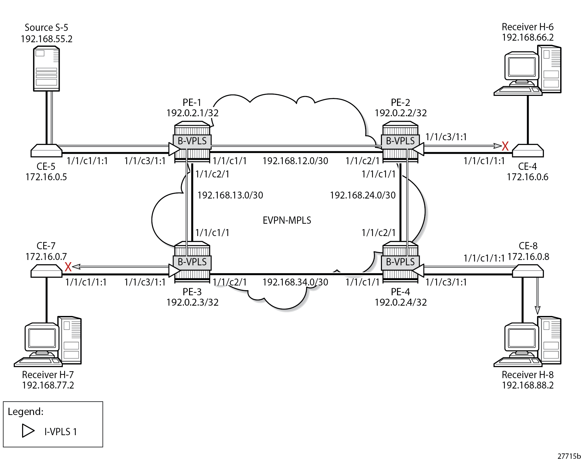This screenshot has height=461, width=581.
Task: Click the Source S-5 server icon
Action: [x=46, y=69]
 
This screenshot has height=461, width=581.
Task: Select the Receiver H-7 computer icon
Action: [x=48, y=342]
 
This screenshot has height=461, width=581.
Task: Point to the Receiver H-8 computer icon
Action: [x=527, y=342]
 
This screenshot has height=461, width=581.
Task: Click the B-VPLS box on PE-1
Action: [x=192, y=141]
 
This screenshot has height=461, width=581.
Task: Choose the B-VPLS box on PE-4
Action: [x=400, y=262]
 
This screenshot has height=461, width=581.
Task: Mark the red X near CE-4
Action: [x=505, y=146]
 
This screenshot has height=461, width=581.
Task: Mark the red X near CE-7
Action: [x=68, y=267]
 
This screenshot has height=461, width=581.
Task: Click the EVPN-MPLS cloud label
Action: [x=287, y=220]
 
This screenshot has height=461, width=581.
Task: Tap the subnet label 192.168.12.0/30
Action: [x=295, y=161]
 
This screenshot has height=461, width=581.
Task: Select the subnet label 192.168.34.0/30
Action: [x=295, y=282]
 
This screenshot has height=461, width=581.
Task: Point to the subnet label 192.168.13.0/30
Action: [x=230, y=195]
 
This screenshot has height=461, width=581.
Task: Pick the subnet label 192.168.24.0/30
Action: [x=363, y=195]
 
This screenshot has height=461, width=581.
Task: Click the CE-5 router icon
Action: [x=46, y=151]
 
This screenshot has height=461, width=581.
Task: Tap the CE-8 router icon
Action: [x=528, y=271]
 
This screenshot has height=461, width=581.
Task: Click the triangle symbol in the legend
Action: [x=28, y=431]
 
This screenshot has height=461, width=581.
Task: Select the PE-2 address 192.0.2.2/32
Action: [x=400, y=113]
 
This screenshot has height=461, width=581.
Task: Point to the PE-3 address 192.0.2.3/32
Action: [x=192, y=302]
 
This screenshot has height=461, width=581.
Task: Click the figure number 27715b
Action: [x=569, y=456]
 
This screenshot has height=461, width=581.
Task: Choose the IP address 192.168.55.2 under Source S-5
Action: [x=46, y=39]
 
